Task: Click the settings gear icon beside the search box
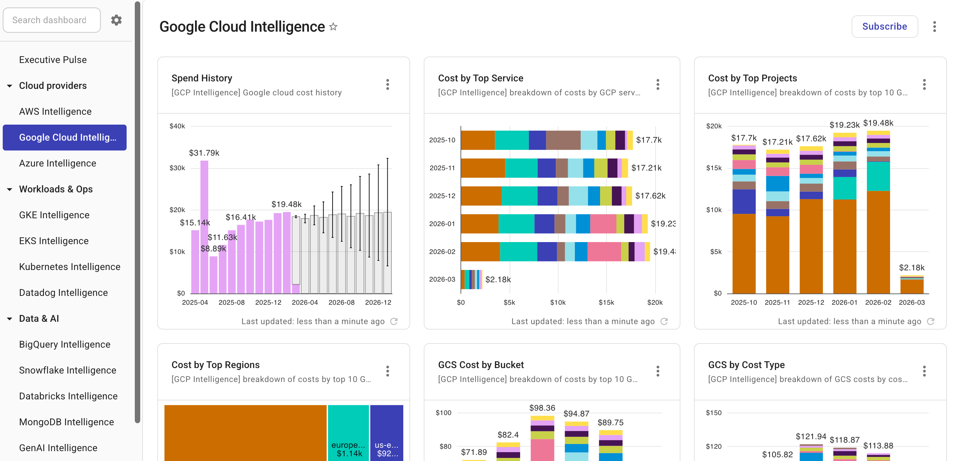coord(116,20)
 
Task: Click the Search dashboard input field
coord(51,20)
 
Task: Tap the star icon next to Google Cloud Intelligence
coord(333,27)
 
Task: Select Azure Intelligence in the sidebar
coord(58,163)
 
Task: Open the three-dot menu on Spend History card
coord(387,84)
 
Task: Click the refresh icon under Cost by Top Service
coord(664,321)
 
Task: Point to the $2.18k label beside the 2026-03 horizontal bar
coord(498,280)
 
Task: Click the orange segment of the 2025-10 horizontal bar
coord(477,140)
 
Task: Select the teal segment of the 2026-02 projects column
coord(878,176)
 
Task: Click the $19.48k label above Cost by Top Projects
coord(878,123)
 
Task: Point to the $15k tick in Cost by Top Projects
coord(714,168)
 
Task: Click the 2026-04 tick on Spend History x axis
coord(304,302)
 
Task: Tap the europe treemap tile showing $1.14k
coord(348,432)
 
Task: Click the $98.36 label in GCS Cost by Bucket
coord(542,408)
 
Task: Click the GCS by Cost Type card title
coord(746,365)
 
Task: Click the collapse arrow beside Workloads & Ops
coord(10,189)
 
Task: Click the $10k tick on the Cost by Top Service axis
coord(558,302)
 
